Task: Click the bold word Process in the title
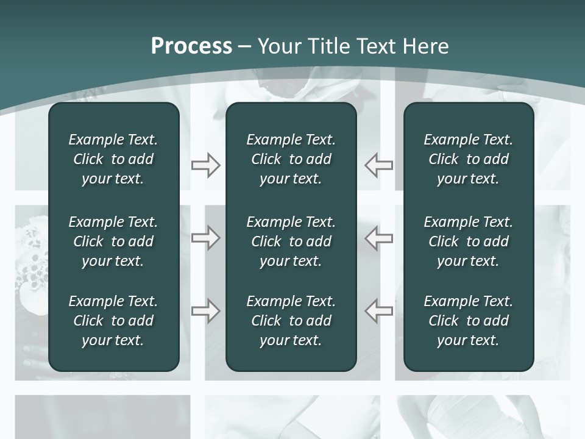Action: click(x=191, y=46)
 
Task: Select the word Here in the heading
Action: click(x=426, y=46)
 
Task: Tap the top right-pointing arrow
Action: click(x=205, y=165)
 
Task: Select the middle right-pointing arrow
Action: click(x=205, y=238)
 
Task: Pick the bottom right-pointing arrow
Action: click(x=205, y=311)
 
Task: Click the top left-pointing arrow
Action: click(x=379, y=165)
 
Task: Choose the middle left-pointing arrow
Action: click(x=379, y=238)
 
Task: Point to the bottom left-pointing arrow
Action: click(x=379, y=311)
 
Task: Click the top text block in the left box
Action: click(x=113, y=159)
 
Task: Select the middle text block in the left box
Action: click(x=113, y=241)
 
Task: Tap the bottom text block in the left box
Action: click(x=113, y=321)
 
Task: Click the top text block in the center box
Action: click(x=291, y=159)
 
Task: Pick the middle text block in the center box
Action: click(x=291, y=241)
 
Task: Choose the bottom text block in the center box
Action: click(x=291, y=321)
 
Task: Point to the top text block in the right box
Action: click(x=469, y=159)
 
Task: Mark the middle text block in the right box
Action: click(x=469, y=241)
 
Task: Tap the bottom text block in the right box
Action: click(x=469, y=321)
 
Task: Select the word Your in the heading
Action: click(x=278, y=46)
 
